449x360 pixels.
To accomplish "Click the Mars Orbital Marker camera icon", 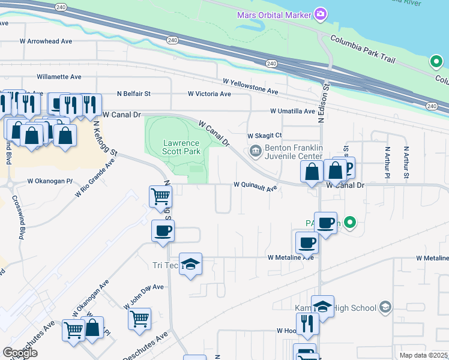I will pos(321,14).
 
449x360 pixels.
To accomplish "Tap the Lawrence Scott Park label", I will pos(181,148).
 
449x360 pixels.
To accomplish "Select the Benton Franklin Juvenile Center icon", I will pos(255,150).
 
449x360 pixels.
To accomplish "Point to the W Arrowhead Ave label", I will pos(46,41).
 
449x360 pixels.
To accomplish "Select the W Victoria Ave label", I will pos(209,94).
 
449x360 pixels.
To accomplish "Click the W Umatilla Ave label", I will pos(292,111).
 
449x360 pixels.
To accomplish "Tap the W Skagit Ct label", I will pos(265,136).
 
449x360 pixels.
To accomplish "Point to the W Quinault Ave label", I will pos(255,187).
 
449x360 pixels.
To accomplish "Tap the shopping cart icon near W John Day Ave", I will pos(139,319).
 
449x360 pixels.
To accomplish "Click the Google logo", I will pos(20,353).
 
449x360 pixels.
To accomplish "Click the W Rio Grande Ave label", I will pos(95,178).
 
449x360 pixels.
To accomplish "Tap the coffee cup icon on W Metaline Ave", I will pos(306,244).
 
